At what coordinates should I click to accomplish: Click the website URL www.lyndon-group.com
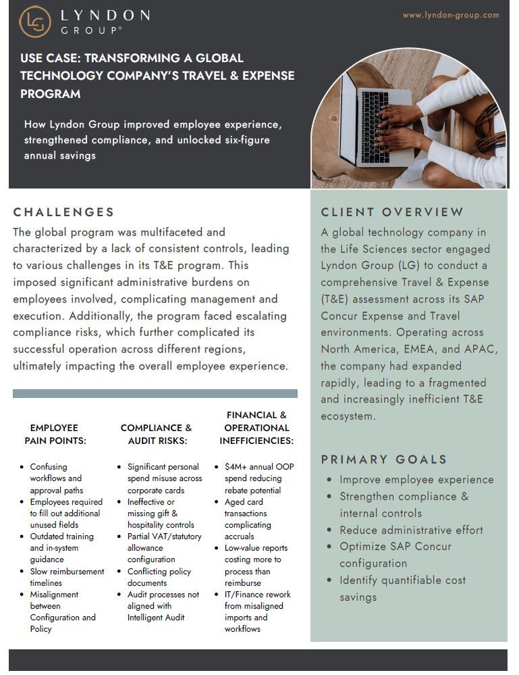click(451, 15)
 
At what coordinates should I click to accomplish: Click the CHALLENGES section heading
click(63, 212)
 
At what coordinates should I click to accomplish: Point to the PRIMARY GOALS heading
click(384, 459)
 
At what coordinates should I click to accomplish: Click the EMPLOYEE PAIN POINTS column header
click(55, 434)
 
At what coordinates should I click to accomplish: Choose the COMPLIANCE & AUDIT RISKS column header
click(156, 434)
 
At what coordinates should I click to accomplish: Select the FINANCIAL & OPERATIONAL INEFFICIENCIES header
click(256, 428)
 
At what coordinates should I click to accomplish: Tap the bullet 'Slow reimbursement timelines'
click(67, 577)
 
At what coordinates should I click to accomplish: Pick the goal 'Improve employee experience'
click(416, 480)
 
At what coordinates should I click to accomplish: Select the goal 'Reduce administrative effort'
click(411, 530)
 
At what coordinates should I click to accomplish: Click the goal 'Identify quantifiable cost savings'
click(402, 589)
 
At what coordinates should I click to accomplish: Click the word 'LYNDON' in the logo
click(105, 15)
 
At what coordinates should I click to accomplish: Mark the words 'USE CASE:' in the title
click(50, 58)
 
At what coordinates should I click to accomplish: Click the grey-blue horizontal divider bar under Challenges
click(155, 393)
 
